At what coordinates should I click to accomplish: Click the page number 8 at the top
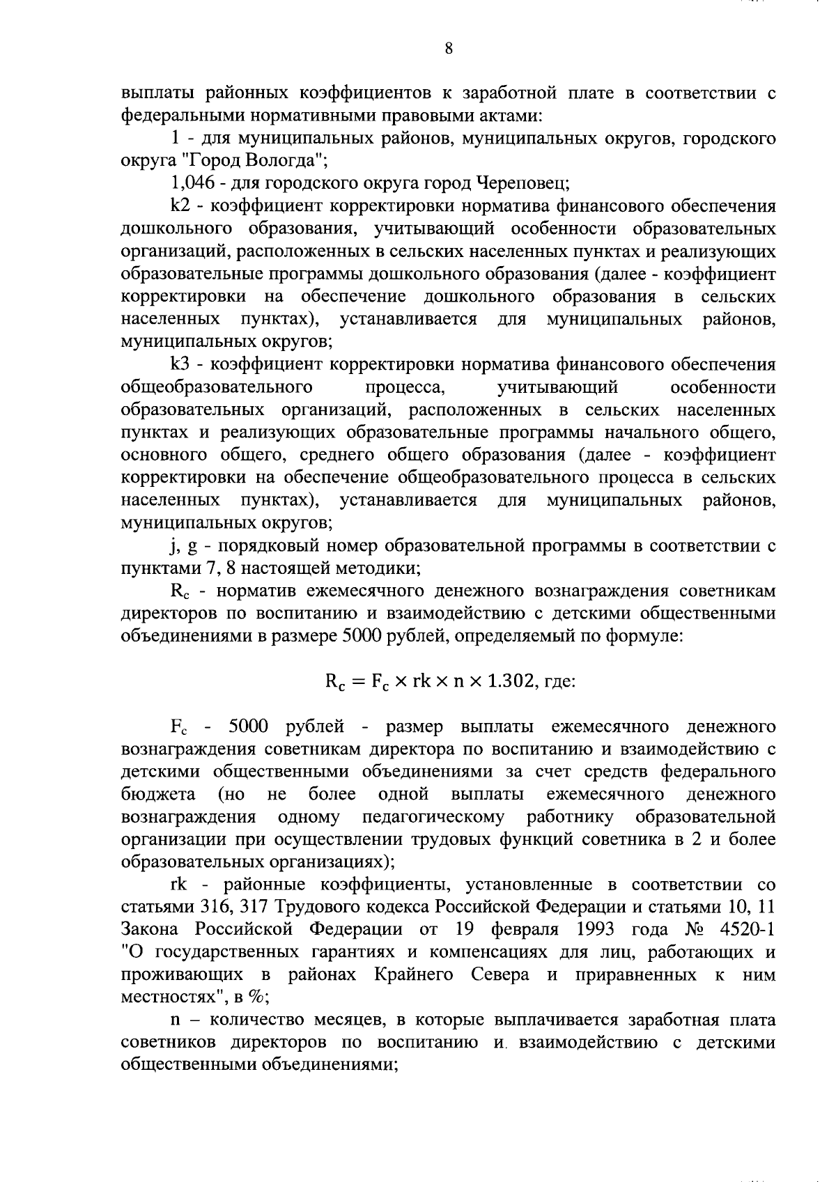(x=449, y=48)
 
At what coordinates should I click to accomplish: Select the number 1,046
(x=192, y=184)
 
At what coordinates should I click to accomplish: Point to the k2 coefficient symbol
(x=180, y=206)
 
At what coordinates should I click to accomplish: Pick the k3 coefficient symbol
(x=180, y=364)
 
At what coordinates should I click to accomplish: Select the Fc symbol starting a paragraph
(x=180, y=726)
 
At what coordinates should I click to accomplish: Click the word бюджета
(x=158, y=794)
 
